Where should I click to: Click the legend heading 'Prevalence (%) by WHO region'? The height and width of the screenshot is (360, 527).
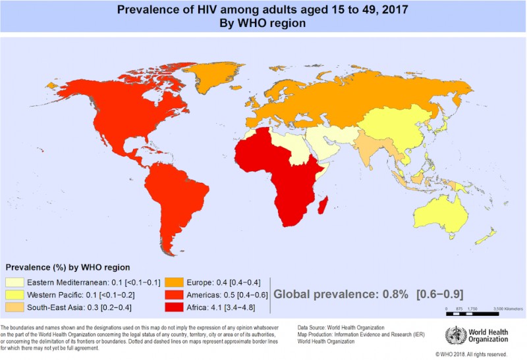point(69,268)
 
